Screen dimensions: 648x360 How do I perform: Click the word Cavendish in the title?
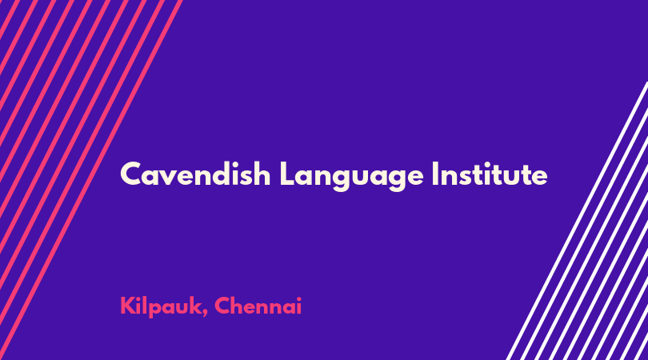[x=195, y=174]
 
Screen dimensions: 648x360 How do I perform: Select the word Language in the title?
[x=352, y=177]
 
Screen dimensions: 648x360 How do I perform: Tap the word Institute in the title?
[x=490, y=174]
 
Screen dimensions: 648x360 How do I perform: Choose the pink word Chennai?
[x=258, y=306]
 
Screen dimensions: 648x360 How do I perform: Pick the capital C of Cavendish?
[x=131, y=174]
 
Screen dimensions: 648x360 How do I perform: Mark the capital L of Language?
[x=289, y=174]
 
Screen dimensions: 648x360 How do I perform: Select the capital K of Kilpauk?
[x=127, y=306]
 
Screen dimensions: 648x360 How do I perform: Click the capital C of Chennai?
[x=222, y=306]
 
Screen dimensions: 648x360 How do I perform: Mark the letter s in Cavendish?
[x=247, y=178]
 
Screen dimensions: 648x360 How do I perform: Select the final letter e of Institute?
[x=539, y=178]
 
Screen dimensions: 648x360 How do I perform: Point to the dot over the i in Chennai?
[x=299, y=299]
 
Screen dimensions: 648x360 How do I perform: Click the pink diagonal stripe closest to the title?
[x=91, y=180]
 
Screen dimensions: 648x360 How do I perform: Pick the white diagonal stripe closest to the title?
[x=577, y=221]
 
